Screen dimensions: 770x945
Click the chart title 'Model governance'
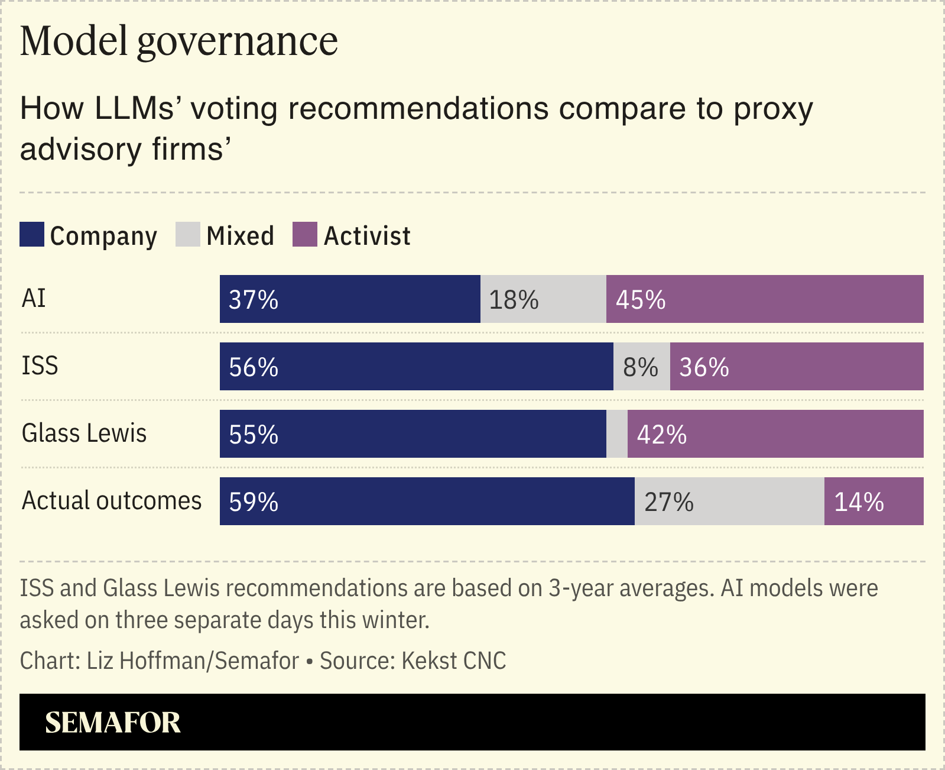[179, 41]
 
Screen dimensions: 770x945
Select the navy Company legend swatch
[32, 234]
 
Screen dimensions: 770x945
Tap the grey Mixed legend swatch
[188, 234]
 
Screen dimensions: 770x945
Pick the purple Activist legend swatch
[305, 234]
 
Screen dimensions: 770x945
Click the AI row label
[34, 298]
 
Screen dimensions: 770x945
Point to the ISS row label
[40, 365]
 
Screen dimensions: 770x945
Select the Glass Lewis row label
[84, 433]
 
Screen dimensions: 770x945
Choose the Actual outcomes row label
[112, 500]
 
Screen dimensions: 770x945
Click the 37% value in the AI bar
[254, 300]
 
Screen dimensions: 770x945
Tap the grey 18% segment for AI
[543, 299]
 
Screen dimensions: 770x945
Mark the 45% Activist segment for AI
[765, 299]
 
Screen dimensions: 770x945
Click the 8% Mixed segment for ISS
[641, 367]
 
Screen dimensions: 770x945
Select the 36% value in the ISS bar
[704, 367]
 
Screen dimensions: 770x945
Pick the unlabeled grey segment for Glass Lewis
[617, 434]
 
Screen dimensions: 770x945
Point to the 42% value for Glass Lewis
[662, 435]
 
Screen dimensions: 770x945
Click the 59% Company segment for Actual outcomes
[427, 502]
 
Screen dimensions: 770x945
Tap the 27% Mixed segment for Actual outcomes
[729, 502]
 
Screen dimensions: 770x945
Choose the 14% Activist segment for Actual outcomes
[873, 502]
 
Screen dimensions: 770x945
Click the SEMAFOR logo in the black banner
[113, 722]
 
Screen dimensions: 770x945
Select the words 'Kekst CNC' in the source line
[454, 661]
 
